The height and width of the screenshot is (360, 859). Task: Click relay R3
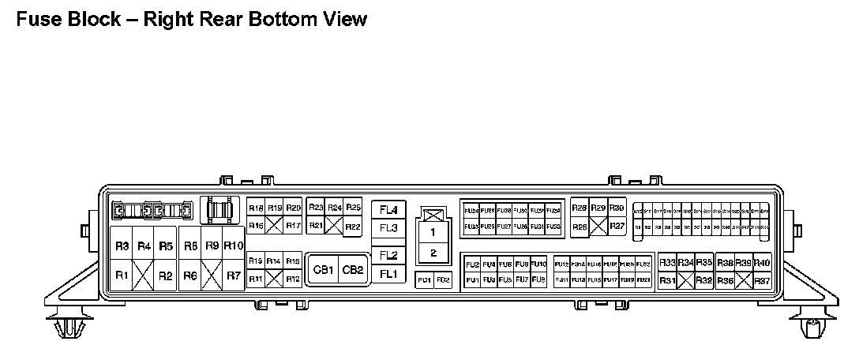point(122,246)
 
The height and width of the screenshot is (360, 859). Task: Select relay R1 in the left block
point(122,276)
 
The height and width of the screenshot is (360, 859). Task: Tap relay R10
point(233,246)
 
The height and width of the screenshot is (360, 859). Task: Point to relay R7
point(233,276)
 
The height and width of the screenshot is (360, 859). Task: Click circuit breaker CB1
point(322,269)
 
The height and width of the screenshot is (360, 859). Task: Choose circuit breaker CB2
point(352,269)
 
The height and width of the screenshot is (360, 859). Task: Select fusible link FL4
point(388,210)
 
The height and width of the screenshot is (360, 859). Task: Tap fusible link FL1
point(388,274)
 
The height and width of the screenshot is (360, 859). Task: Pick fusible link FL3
point(388,228)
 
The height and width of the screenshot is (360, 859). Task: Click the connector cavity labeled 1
point(433,233)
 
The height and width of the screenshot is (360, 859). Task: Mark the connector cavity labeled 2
point(433,253)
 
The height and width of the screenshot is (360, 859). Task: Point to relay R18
point(256,208)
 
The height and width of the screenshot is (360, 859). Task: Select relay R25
point(353,208)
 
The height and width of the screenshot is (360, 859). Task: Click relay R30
point(617,208)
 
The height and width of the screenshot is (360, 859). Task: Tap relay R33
point(666,262)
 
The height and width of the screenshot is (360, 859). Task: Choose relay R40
point(762,262)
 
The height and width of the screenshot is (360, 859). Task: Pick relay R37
point(762,280)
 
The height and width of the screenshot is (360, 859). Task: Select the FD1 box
point(424,280)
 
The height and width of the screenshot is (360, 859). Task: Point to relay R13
point(256,261)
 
